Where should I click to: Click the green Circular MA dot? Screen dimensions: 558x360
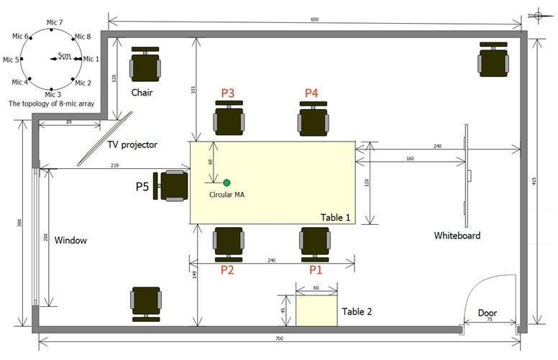click(x=227, y=183)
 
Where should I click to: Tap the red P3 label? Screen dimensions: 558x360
click(x=228, y=93)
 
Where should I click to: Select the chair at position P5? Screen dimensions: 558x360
click(x=171, y=186)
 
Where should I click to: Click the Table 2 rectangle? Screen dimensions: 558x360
click(x=316, y=311)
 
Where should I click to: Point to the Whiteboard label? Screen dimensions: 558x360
click(x=457, y=236)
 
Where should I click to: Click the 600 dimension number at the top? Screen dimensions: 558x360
click(x=314, y=19)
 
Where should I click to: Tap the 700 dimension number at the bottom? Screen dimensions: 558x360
click(x=279, y=338)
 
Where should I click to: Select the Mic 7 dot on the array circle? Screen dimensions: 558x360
click(x=52, y=30)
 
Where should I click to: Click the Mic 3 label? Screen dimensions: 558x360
click(x=53, y=95)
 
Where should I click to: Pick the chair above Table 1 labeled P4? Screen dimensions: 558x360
click(x=314, y=119)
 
